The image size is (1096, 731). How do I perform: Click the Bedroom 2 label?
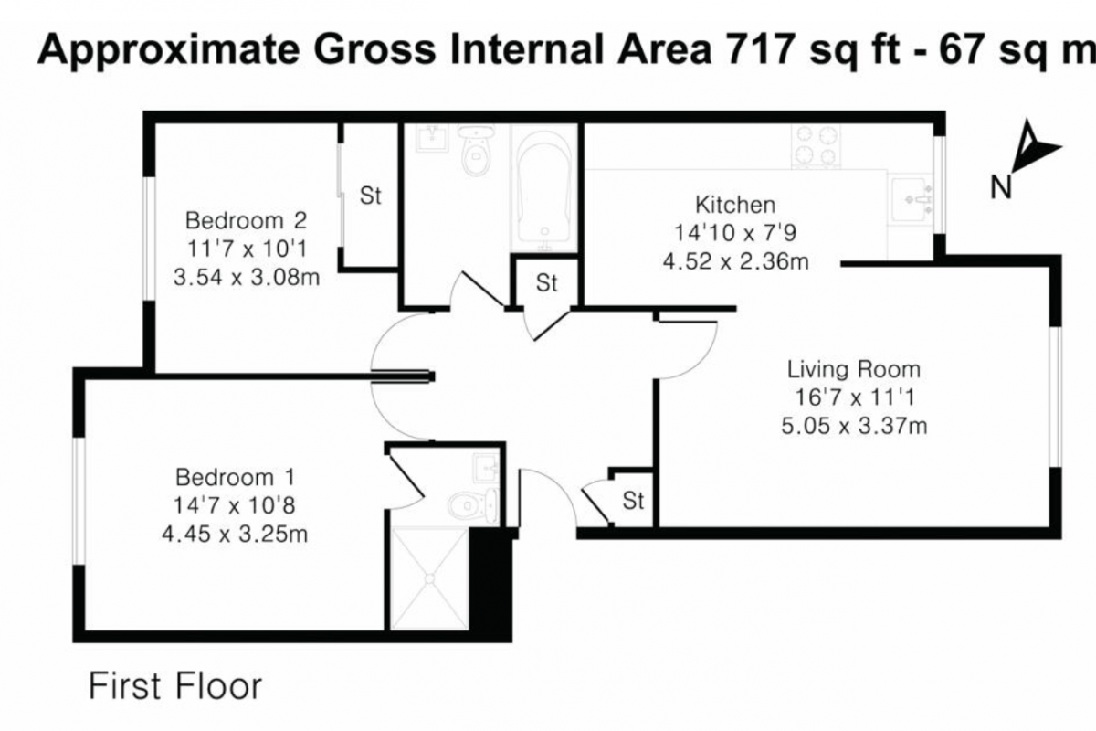pyautogui.click(x=246, y=221)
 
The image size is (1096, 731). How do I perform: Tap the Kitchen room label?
pyautogui.click(x=735, y=206)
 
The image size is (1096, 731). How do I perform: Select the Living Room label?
pyautogui.click(x=854, y=369)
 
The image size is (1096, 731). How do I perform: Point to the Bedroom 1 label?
pyautogui.click(x=236, y=477)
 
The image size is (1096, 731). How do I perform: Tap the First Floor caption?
pyautogui.click(x=175, y=686)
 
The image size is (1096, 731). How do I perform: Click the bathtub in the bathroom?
pyautogui.click(x=544, y=188)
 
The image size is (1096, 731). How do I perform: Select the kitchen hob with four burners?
pyautogui.click(x=816, y=146)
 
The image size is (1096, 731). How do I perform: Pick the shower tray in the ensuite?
pyautogui.click(x=429, y=578)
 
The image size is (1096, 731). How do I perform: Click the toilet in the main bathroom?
pyautogui.click(x=476, y=150)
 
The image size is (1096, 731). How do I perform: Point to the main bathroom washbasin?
pyautogui.click(x=432, y=138)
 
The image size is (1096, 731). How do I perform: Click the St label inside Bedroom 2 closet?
pyautogui.click(x=371, y=196)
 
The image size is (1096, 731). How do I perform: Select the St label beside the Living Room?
pyautogui.click(x=633, y=501)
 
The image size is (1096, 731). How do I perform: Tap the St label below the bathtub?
pyautogui.click(x=546, y=283)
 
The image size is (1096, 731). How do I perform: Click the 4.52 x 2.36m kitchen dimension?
pyautogui.click(x=735, y=261)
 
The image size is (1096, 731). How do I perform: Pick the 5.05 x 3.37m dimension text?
pyautogui.click(x=854, y=426)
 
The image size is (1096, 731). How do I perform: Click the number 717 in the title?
pyautogui.click(x=760, y=49)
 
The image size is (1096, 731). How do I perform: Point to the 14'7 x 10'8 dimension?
pyautogui.click(x=235, y=505)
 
